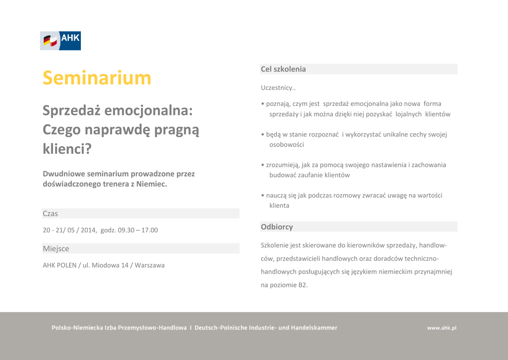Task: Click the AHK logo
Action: [60, 41]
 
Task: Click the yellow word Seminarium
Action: [97, 78]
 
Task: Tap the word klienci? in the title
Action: [67, 149]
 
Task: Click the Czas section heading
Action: [50, 214]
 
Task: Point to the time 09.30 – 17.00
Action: [138, 230]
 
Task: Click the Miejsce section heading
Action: [56, 248]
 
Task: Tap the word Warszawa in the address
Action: [150, 265]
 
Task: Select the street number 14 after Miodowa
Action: [125, 265]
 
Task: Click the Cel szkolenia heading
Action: [283, 69]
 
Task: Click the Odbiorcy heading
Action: [277, 227]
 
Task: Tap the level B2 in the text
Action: [302, 285]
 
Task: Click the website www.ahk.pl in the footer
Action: [442, 328]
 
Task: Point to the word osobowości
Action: [287, 144]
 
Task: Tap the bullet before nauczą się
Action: [263, 196]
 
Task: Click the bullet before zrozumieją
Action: [263, 165]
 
